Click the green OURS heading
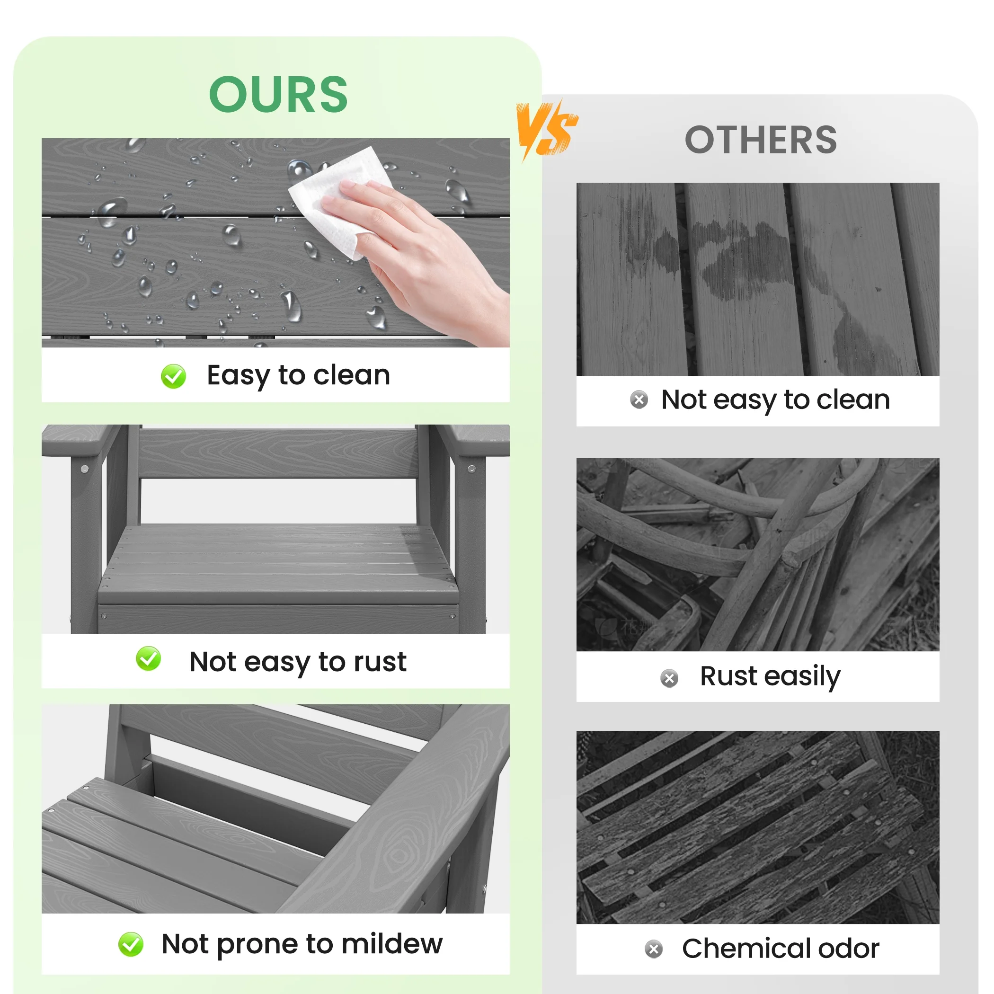tap(278, 94)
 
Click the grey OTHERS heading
tap(761, 140)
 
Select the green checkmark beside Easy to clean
tap(173, 376)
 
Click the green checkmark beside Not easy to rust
tap(148, 658)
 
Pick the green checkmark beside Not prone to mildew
tap(131, 944)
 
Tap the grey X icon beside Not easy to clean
tap(639, 400)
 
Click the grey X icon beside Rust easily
tap(669, 678)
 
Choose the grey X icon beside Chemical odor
tap(654, 949)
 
